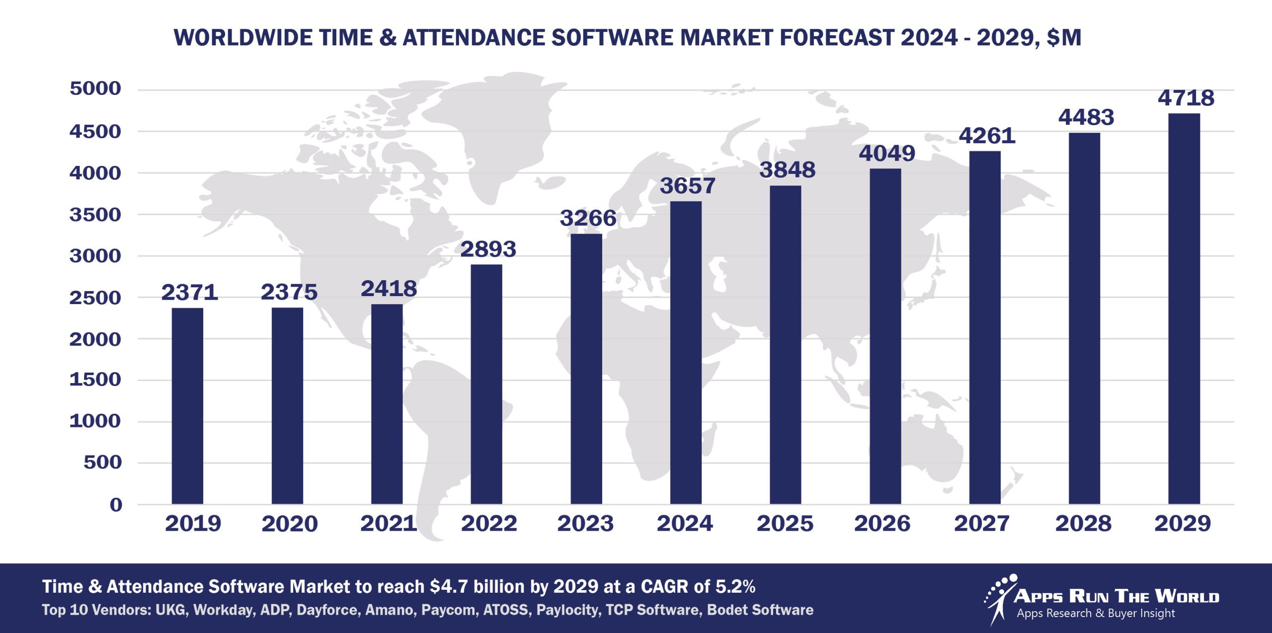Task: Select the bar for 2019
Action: [187, 406]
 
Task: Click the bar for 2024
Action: [686, 353]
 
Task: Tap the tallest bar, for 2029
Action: [1184, 309]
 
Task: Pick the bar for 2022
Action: [486, 384]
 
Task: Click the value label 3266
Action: [588, 218]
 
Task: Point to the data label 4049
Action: [887, 153]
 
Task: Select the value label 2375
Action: [289, 292]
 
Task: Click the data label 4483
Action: [1086, 117]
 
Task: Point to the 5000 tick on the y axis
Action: [95, 88]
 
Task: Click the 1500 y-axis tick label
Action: [95, 380]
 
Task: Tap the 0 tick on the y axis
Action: [116, 505]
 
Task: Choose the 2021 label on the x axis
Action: [389, 524]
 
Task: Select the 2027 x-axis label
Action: [982, 524]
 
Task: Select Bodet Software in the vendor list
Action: [760, 610]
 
